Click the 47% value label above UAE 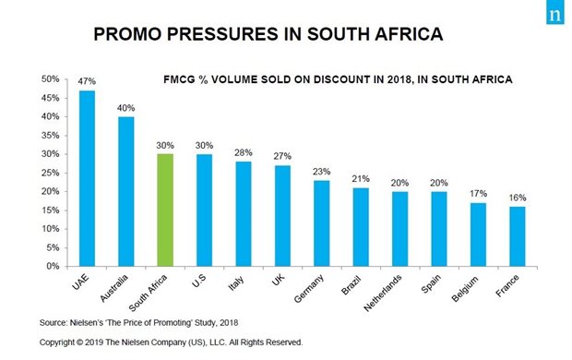(87, 82)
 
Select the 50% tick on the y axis (51, 79)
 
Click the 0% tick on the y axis (54, 266)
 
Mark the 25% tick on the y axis (51, 173)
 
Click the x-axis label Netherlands (401, 292)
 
